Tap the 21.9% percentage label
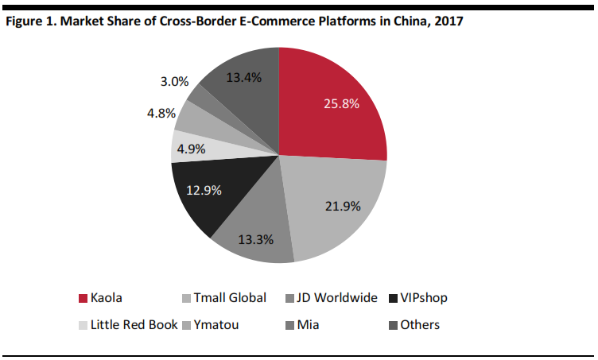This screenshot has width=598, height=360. tap(343, 207)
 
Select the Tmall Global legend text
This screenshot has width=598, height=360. tap(217, 298)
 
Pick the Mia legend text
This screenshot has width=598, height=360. tap(307, 324)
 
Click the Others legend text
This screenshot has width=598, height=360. tap(421, 324)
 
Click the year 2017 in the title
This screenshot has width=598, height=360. tap(448, 21)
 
